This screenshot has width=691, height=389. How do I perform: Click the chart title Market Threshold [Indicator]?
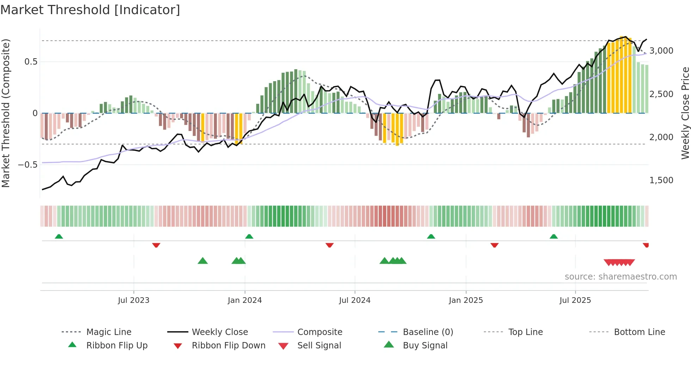point(90,10)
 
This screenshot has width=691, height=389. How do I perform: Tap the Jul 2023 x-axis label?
point(134,300)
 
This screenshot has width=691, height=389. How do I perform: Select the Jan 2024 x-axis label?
point(245,300)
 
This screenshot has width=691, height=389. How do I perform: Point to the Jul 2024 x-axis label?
point(355,300)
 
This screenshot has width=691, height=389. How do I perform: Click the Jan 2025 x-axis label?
point(466,300)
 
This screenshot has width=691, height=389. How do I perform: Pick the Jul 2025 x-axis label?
point(575,300)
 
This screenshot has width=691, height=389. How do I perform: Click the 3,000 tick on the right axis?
point(661,51)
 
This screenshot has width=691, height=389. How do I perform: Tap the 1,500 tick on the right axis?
point(661,180)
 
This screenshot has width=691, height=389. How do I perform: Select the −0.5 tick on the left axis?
point(28,165)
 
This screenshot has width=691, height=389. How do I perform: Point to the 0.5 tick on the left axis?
point(31,62)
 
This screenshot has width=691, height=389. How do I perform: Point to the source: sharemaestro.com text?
point(620,277)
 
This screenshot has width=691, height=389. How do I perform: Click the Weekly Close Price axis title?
point(685,113)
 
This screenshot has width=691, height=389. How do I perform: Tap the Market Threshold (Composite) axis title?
point(6,113)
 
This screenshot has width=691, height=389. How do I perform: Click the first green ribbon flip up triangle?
point(59,237)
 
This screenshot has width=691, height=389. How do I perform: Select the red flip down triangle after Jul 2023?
point(156,245)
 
